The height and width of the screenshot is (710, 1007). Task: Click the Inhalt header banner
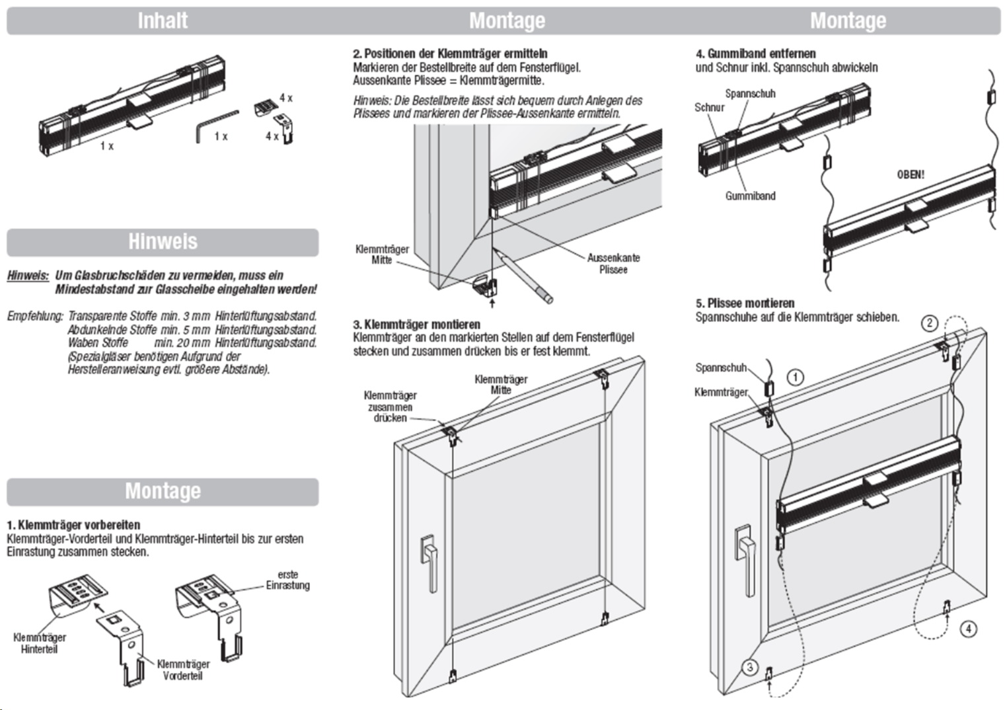[163, 20]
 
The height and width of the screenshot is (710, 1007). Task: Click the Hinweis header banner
[163, 242]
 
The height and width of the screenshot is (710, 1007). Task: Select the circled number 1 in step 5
[796, 377]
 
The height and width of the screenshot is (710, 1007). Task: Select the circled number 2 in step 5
[929, 323]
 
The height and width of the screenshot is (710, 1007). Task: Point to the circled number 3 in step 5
[750, 667]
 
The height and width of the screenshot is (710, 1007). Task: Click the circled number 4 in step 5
[968, 629]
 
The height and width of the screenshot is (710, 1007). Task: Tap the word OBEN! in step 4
[911, 175]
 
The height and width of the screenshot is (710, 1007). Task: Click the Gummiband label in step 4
[751, 196]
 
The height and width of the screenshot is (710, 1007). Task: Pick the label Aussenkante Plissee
[613, 264]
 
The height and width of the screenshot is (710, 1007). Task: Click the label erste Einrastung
[287, 580]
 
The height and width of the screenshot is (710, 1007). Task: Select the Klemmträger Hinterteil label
[40, 643]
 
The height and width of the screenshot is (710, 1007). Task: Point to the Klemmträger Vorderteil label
[183, 670]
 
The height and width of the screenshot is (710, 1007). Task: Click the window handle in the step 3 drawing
[429, 562]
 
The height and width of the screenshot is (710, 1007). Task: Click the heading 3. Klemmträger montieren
[417, 324]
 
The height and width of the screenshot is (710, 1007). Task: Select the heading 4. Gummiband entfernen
[756, 54]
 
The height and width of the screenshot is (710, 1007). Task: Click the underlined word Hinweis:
[28, 276]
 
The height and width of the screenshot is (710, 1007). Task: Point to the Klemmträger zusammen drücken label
[391, 407]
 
